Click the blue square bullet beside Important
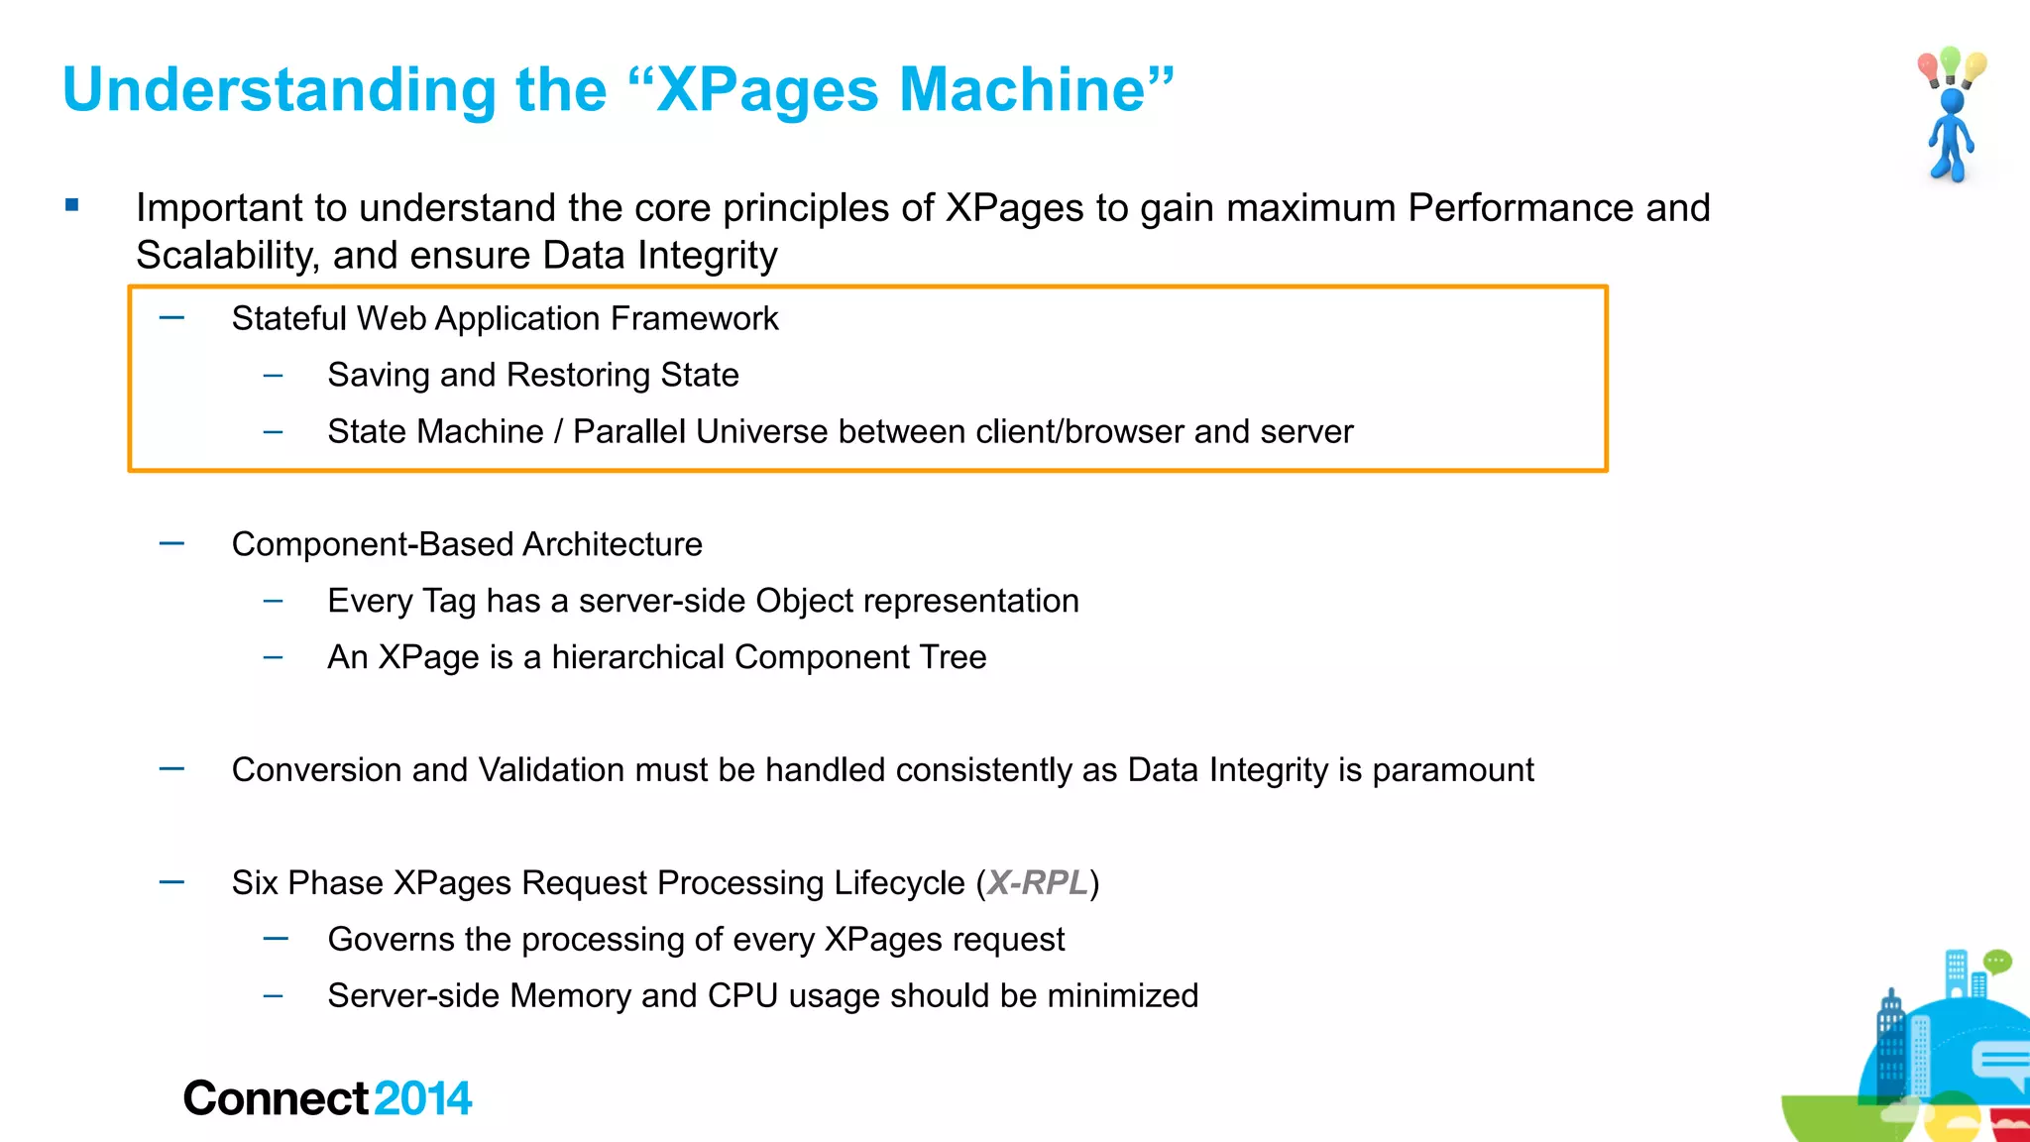coord(71,205)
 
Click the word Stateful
coord(288,318)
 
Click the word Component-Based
coord(372,544)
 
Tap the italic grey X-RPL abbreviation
coord(1038,882)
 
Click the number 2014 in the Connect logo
coord(423,1098)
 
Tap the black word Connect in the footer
coord(276,1098)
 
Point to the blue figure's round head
coord(1953,101)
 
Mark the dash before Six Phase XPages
coord(171,881)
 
